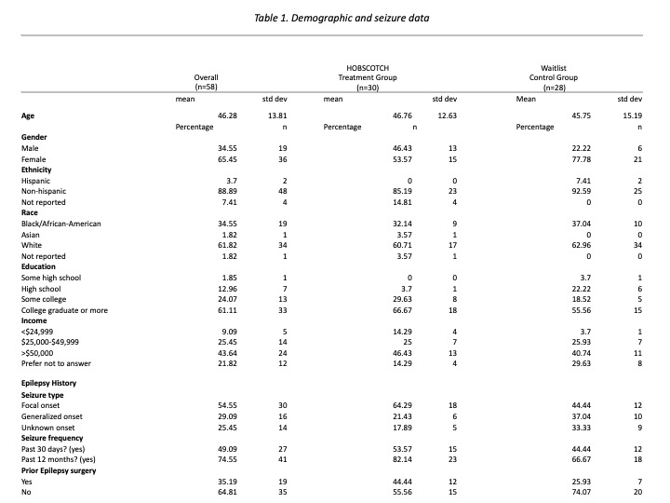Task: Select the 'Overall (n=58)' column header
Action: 206,77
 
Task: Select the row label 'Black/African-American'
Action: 61,224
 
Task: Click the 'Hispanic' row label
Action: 38,181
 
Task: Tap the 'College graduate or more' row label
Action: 65,310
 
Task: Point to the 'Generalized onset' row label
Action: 52,415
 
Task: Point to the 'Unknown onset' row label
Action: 48,427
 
